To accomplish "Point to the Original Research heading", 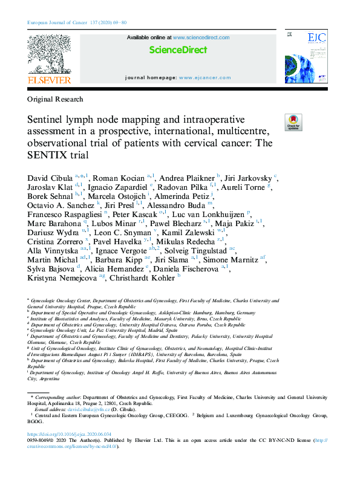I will pos(55,99).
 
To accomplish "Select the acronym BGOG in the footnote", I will pos(38,422).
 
